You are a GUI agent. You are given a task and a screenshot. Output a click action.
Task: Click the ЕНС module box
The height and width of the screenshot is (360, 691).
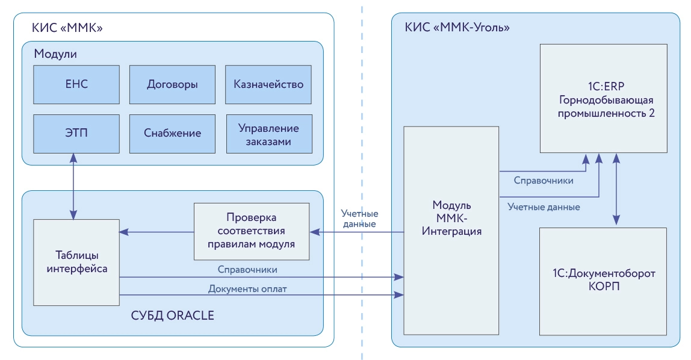pos(76,84)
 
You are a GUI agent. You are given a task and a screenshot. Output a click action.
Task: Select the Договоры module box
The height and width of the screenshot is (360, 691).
pos(172,84)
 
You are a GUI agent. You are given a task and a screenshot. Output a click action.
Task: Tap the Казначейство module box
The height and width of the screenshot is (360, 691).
pos(268,84)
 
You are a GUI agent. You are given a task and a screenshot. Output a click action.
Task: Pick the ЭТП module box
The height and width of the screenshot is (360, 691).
pos(76,133)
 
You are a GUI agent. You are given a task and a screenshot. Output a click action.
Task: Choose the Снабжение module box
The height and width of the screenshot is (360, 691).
pos(172,133)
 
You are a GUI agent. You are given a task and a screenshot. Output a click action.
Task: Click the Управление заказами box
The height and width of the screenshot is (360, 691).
pos(268,133)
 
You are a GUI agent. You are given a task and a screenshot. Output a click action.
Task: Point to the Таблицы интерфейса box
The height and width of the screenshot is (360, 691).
pos(77,262)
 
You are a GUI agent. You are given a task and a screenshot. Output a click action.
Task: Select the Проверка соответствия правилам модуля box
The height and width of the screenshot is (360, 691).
pos(251,231)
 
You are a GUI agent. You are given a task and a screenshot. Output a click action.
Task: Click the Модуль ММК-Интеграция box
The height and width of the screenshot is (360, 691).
pos(451,230)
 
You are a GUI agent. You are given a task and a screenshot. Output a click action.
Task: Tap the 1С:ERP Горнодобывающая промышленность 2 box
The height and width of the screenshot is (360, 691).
pos(603,99)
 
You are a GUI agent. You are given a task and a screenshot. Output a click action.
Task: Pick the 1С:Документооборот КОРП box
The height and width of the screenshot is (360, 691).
pos(603,281)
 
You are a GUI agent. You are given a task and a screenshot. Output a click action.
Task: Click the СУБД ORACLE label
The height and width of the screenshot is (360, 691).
pos(173,316)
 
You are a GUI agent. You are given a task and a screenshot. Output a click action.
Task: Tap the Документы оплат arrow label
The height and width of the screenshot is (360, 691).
pos(247,289)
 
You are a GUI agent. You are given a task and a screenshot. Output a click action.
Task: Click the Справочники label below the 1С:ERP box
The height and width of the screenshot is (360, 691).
pos(543,180)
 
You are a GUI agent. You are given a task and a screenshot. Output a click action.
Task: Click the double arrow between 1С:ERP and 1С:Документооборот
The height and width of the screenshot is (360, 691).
pos(616,190)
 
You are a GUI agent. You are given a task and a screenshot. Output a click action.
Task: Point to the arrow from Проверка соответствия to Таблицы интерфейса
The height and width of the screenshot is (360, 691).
pos(156,232)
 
